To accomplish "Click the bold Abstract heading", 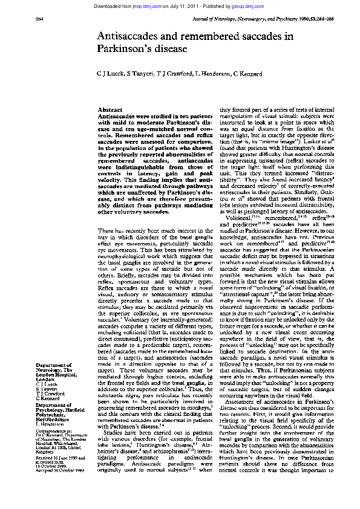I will [110, 109].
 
